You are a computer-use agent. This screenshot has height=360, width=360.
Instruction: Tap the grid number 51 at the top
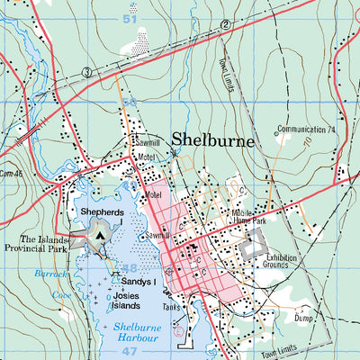[x=131, y=17]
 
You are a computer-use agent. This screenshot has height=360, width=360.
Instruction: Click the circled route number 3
[x=86, y=71]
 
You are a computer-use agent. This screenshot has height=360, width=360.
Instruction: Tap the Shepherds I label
[x=102, y=213]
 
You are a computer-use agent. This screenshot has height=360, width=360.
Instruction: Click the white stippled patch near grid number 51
[x=142, y=39]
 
